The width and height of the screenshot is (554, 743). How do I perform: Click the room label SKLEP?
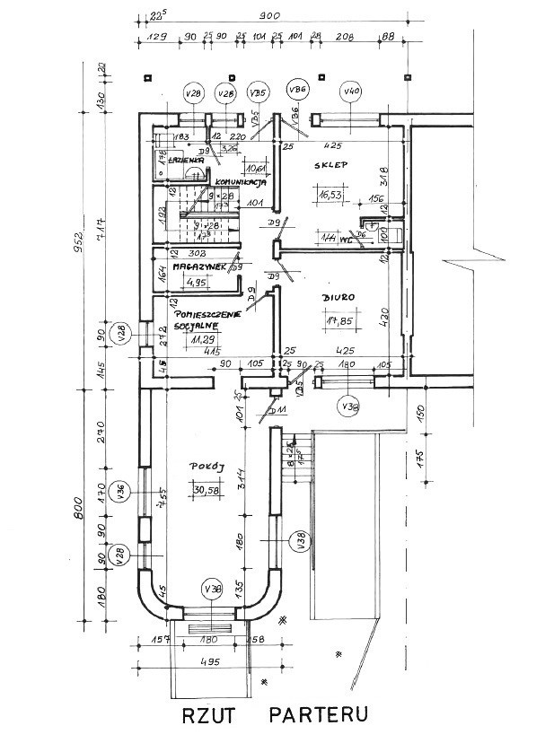pyautogui.click(x=330, y=165)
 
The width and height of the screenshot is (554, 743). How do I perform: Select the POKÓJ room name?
pyautogui.click(x=206, y=468)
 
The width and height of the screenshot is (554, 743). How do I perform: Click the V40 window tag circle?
pyautogui.click(x=351, y=92)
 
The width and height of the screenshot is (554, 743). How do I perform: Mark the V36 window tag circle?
pyautogui.click(x=122, y=489)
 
